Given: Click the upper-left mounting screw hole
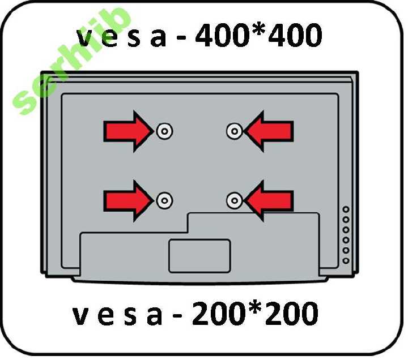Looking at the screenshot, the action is click(164, 131).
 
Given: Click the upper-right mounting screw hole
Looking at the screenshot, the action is click(235, 131).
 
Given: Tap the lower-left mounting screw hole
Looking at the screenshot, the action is click(164, 201).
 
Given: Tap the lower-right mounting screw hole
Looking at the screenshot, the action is click(235, 201).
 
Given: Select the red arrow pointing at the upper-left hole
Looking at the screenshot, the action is click(129, 131).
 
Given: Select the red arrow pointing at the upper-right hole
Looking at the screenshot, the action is click(269, 131).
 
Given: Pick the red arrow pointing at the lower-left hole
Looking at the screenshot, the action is click(129, 201).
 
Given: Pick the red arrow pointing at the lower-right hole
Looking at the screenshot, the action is click(269, 201).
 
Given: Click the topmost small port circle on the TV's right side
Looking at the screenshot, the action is click(346, 209).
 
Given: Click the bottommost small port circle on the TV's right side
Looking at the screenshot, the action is click(346, 260).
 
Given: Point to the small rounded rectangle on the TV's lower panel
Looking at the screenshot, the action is click(199, 256).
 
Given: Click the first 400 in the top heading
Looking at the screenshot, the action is click(221, 35).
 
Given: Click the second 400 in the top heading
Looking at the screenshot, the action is click(296, 35).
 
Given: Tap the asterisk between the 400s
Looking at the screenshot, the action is click(258, 29).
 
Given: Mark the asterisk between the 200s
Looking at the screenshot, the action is click(254, 307).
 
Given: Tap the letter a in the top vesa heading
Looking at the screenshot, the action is click(158, 38).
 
